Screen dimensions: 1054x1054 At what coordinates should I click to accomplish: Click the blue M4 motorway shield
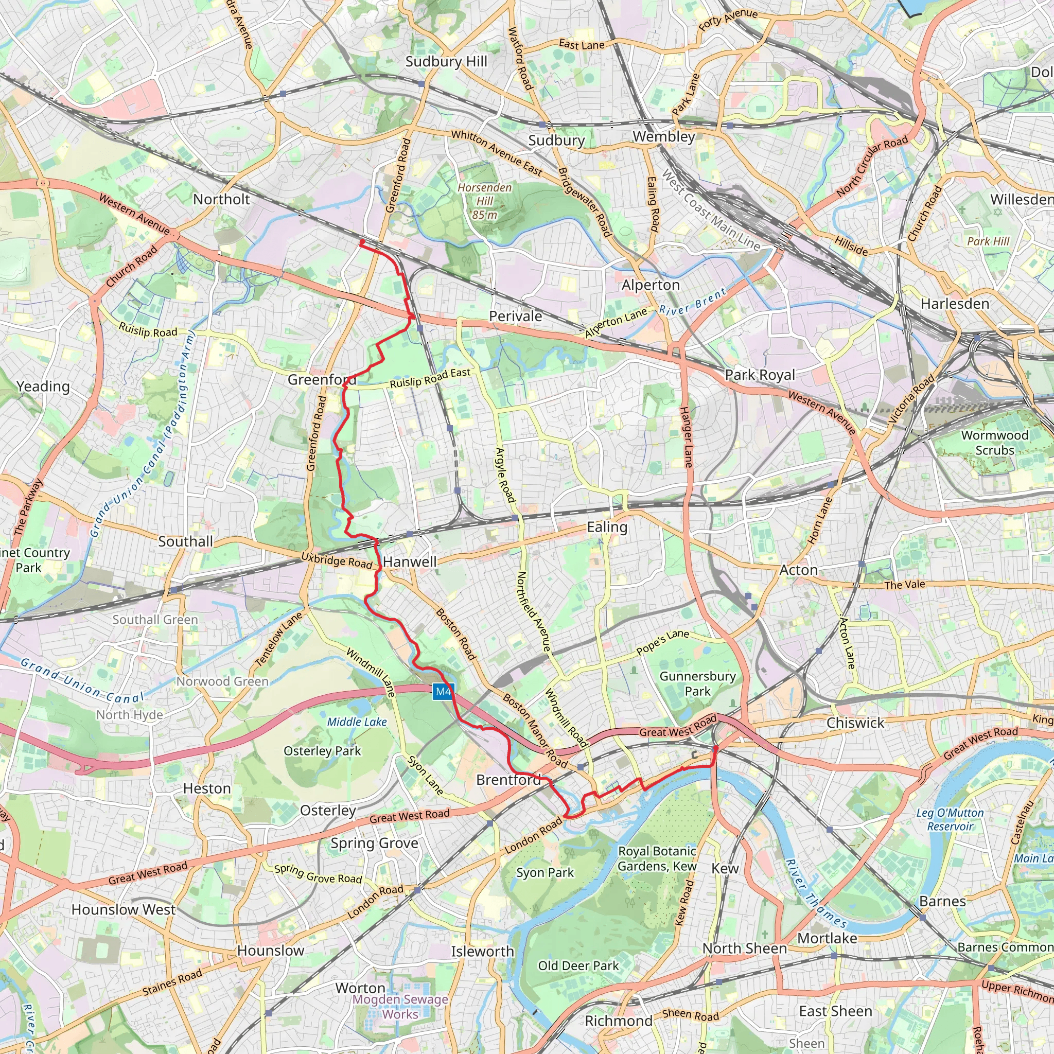pyautogui.click(x=443, y=692)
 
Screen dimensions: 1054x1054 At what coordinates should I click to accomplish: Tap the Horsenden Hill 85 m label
pyautogui.click(x=484, y=201)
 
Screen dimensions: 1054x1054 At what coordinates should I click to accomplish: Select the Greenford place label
pyautogui.click(x=322, y=379)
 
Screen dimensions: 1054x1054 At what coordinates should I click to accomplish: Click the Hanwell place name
pyautogui.click(x=410, y=561)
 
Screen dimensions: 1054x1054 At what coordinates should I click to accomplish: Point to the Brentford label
pyautogui.click(x=508, y=780)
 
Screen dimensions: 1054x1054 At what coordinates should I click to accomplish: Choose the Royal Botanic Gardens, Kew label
pyautogui.click(x=657, y=859)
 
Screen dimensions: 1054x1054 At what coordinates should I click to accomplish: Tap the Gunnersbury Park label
pyautogui.click(x=697, y=683)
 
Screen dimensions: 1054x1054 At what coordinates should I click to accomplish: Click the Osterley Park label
pyautogui.click(x=322, y=751)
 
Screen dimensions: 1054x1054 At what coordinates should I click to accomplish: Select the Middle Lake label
pyautogui.click(x=357, y=722)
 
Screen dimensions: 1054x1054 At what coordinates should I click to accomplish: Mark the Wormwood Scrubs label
pyautogui.click(x=994, y=443)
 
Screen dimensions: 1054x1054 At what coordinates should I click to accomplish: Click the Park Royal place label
pyautogui.click(x=760, y=375)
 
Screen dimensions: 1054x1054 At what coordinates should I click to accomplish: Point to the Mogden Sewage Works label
pyautogui.click(x=400, y=1007)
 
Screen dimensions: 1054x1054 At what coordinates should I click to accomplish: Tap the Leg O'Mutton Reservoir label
pyautogui.click(x=950, y=819)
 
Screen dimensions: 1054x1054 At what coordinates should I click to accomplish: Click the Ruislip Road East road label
pyautogui.click(x=430, y=378)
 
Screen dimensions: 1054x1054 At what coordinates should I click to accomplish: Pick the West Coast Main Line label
pyautogui.click(x=711, y=210)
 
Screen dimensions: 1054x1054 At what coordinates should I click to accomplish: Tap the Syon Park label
pyautogui.click(x=545, y=872)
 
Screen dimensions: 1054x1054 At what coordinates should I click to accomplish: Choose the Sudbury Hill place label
pyautogui.click(x=446, y=62)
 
